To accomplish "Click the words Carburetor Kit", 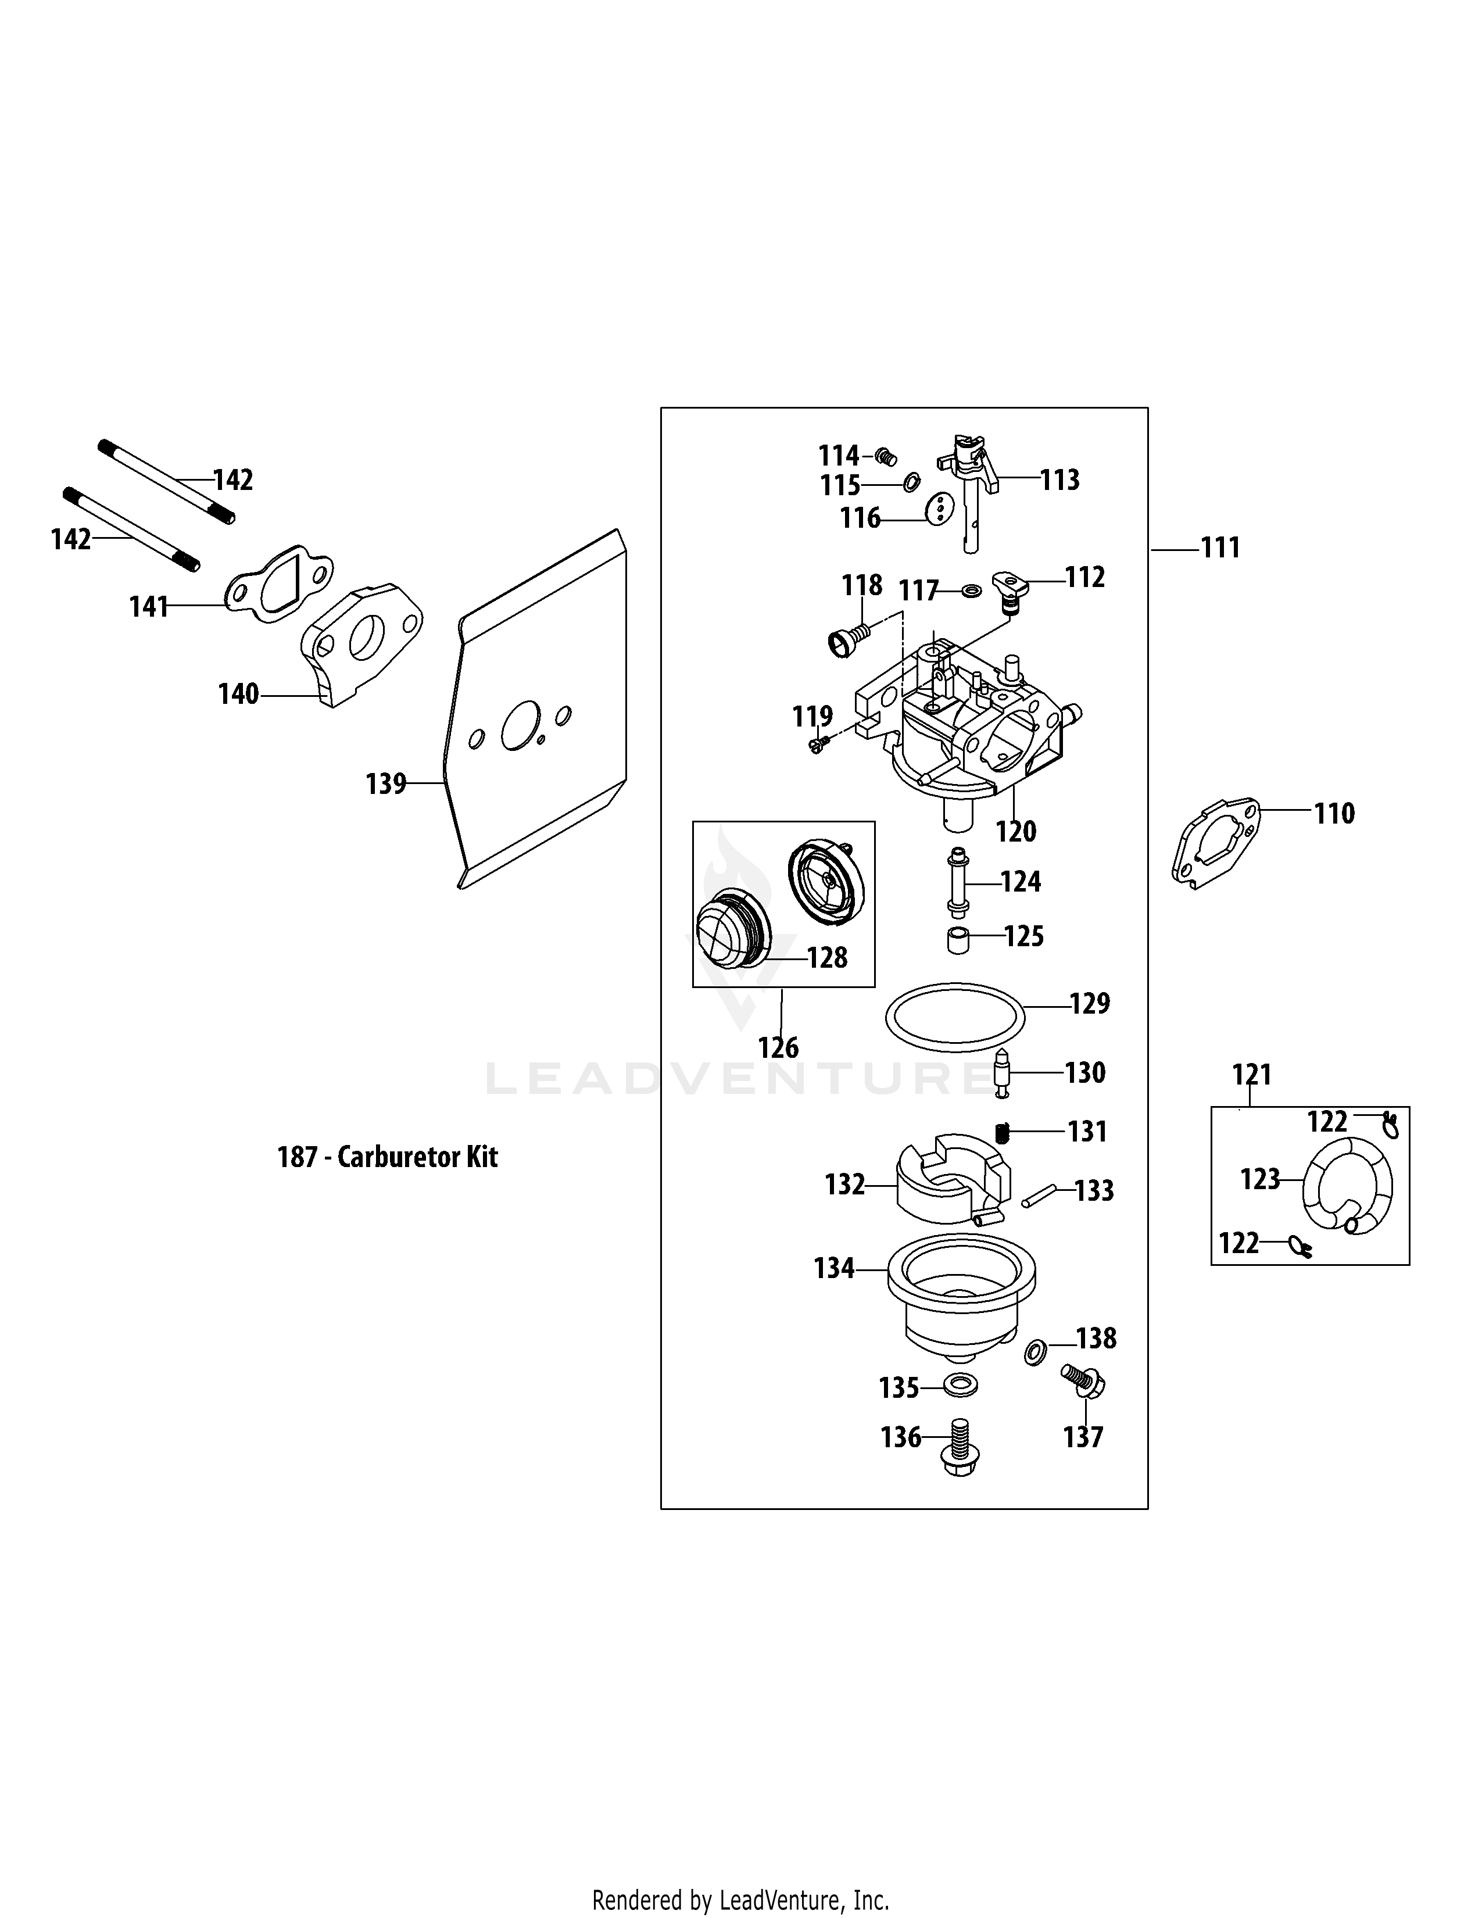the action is (x=418, y=1157).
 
